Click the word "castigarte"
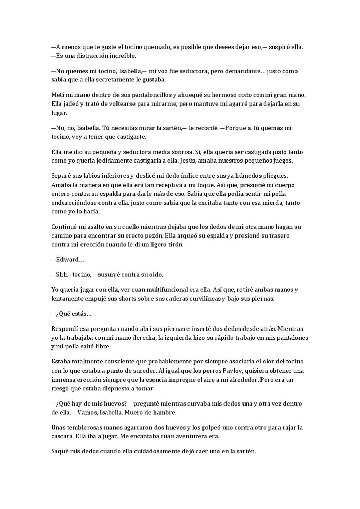coord(132,137)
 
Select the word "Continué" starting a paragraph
coord(62,227)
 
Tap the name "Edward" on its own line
coord(67,260)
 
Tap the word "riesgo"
coord(60,388)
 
